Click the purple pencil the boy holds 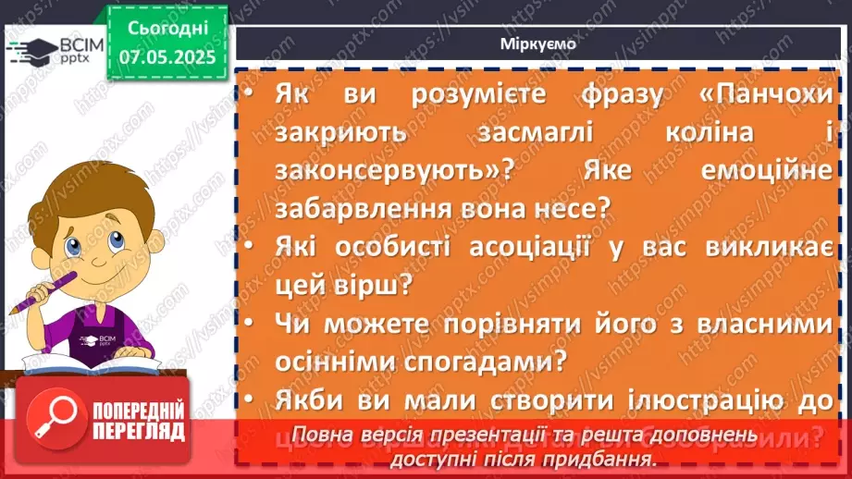tap(36, 291)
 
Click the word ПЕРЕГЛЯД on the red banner tap(139, 431)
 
